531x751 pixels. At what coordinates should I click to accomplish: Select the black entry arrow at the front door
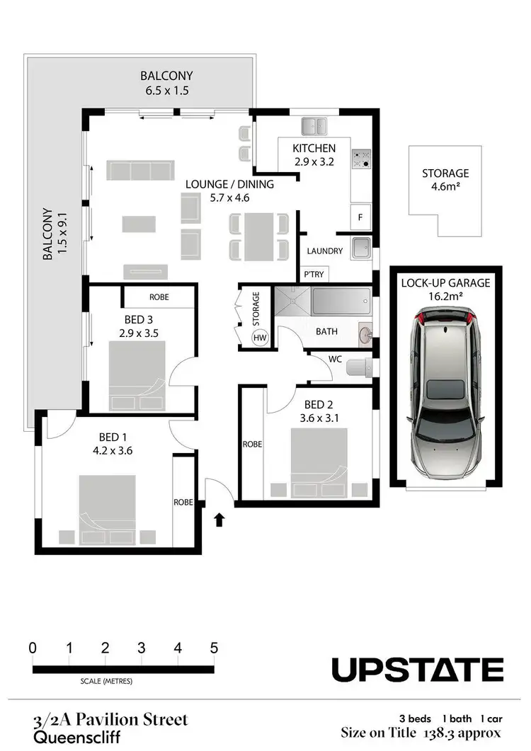[219, 520]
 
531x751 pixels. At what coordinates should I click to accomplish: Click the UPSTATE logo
[418, 670]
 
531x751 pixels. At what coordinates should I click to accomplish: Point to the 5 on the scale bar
[214, 648]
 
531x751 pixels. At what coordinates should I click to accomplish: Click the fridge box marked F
[360, 217]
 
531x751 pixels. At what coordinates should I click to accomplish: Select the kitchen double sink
[314, 127]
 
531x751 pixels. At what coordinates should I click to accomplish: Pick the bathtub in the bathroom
[340, 302]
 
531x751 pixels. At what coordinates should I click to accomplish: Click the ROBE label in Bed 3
[159, 297]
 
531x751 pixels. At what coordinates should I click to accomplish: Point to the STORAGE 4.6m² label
[445, 178]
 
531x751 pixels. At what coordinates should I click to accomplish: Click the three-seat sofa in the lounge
[139, 171]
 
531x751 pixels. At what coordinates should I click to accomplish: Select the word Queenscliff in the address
[69, 736]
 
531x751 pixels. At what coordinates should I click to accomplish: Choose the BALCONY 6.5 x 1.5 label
[166, 83]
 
